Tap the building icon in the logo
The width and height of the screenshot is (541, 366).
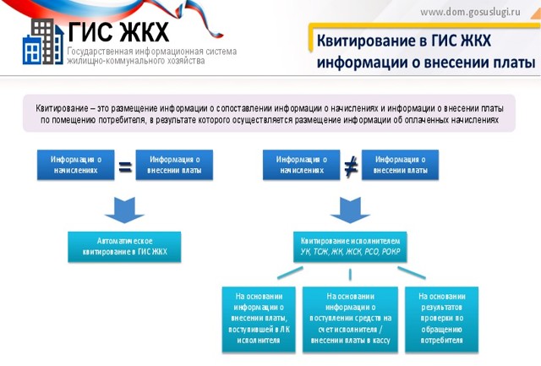tap(39, 41)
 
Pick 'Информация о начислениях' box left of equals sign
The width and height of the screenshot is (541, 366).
tap(75, 164)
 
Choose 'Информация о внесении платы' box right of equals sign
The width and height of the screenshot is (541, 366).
tap(174, 164)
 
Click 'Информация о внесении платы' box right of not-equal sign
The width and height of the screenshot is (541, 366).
tap(400, 164)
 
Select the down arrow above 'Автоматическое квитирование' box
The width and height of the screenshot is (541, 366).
tap(125, 208)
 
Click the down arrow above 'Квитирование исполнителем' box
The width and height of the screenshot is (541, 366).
tap(350, 208)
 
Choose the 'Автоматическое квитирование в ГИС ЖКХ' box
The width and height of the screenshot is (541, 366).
tap(125, 246)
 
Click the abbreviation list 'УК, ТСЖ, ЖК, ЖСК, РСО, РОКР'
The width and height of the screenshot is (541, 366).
tap(350, 252)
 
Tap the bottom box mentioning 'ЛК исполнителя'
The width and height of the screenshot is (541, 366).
tap(258, 319)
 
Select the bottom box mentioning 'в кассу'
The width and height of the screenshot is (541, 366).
tap(350, 319)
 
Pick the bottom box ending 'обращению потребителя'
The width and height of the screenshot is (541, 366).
tap(442, 319)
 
